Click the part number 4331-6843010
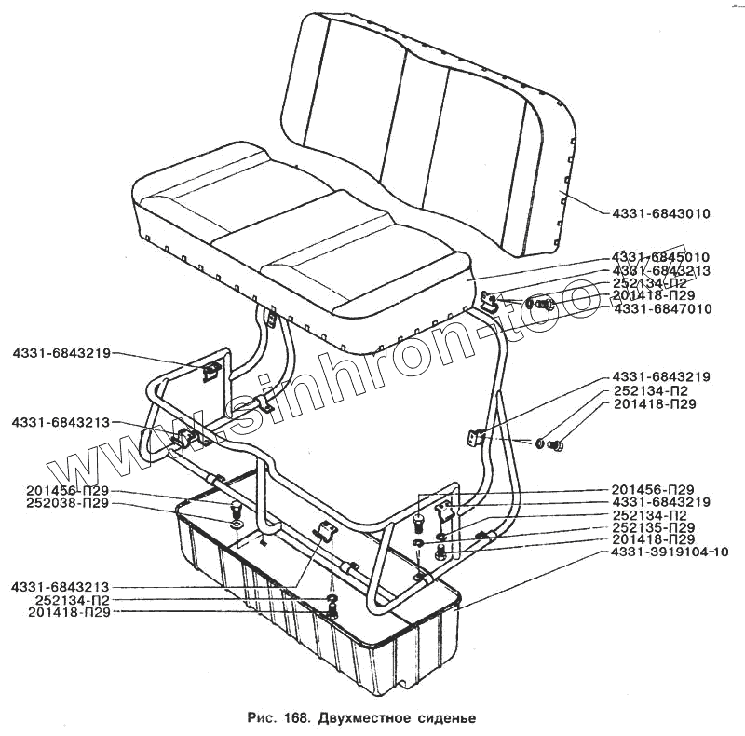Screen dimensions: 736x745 point(661,213)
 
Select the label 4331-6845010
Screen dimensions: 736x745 point(661,257)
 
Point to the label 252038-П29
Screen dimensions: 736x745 point(69,503)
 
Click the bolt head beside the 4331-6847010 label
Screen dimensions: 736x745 point(547,304)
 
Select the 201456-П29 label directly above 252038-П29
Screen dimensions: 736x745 point(69,491)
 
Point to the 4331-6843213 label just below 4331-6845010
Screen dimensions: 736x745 point(661,270)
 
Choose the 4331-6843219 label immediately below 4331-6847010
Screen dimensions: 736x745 point(661,376)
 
